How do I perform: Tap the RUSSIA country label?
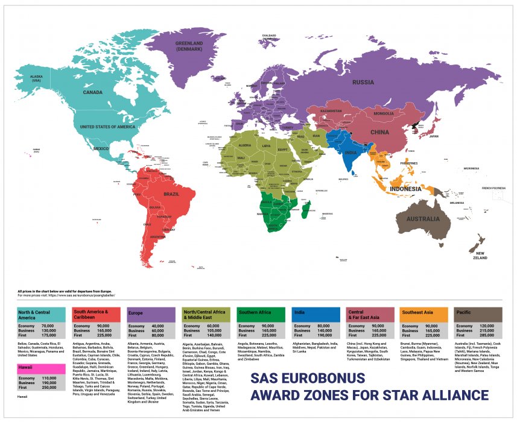tap(363, 82)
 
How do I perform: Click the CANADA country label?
tap(92, 93)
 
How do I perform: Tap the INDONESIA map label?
tap(405, 189)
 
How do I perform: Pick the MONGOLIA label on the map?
tap(383, 113)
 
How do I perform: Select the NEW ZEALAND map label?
tap(480, 255)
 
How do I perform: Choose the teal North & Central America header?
tap(41, 315)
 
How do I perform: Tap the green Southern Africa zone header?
tap(261, 315)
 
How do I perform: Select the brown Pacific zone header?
tap(480, 315)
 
